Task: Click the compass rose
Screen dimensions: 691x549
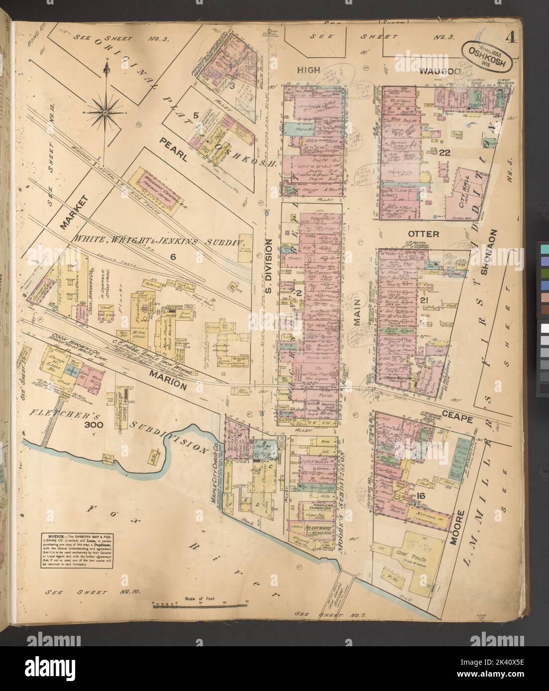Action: tap(106, 112)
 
